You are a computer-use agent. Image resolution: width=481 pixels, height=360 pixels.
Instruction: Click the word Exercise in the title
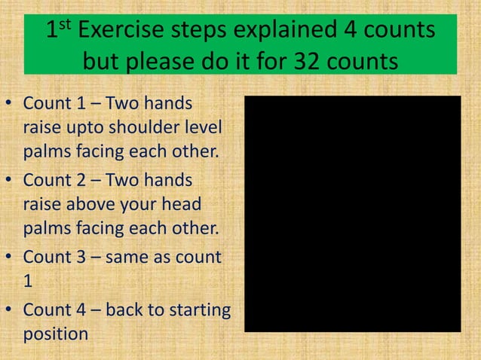point(123,31)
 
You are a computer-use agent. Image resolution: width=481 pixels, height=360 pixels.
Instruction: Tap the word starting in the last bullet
point(197,310)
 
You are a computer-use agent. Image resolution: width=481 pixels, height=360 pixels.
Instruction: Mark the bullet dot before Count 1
point(9,103)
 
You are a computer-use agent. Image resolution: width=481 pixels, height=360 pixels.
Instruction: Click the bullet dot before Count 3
point(9,258)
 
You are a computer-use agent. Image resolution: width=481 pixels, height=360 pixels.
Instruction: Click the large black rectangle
point(352,213)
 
